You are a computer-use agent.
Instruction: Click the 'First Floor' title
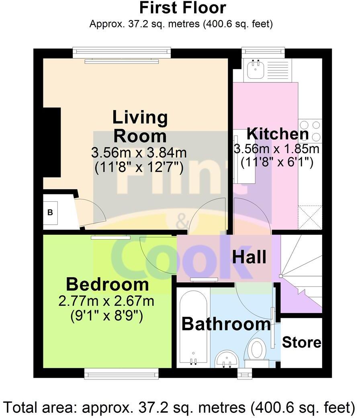click(182, 8)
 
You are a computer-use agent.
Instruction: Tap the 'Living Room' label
click(140, 127)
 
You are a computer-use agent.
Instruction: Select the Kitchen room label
click(277, 134)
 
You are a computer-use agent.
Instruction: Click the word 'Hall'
click(249, 257)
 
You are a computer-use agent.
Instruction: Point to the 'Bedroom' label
click(107, 285)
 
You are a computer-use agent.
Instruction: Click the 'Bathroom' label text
click(226, 324)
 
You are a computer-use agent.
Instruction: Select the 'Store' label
click(301, 342)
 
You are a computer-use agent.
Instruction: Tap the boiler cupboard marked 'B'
click(50, 213)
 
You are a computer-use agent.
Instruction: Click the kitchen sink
click(255, 70)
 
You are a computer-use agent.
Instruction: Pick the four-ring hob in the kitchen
click(310, 131)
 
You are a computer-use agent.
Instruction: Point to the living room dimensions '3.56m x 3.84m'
click(139, 153)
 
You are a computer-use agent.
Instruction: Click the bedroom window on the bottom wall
click(121, 375)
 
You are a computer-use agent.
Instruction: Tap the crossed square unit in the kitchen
click(310, 217)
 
